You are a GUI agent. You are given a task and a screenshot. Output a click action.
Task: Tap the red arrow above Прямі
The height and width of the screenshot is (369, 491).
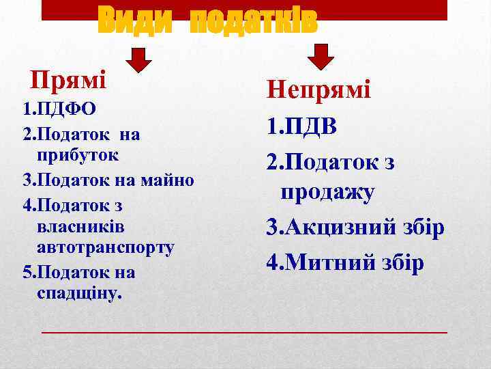click(140, 59)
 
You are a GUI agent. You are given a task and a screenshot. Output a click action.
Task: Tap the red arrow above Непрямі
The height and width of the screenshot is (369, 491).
click(321, 57)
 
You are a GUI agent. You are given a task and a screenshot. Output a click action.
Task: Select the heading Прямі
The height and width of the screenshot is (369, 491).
click(69, 81)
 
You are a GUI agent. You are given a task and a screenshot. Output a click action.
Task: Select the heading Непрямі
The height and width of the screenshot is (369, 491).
click(318, 90)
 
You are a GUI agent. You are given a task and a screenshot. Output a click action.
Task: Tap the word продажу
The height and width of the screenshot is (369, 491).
click(327, 192)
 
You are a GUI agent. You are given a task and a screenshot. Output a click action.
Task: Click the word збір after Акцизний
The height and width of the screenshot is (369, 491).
click(421, 228)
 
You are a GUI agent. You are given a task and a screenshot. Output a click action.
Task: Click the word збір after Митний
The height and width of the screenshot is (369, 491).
click(401, 262)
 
